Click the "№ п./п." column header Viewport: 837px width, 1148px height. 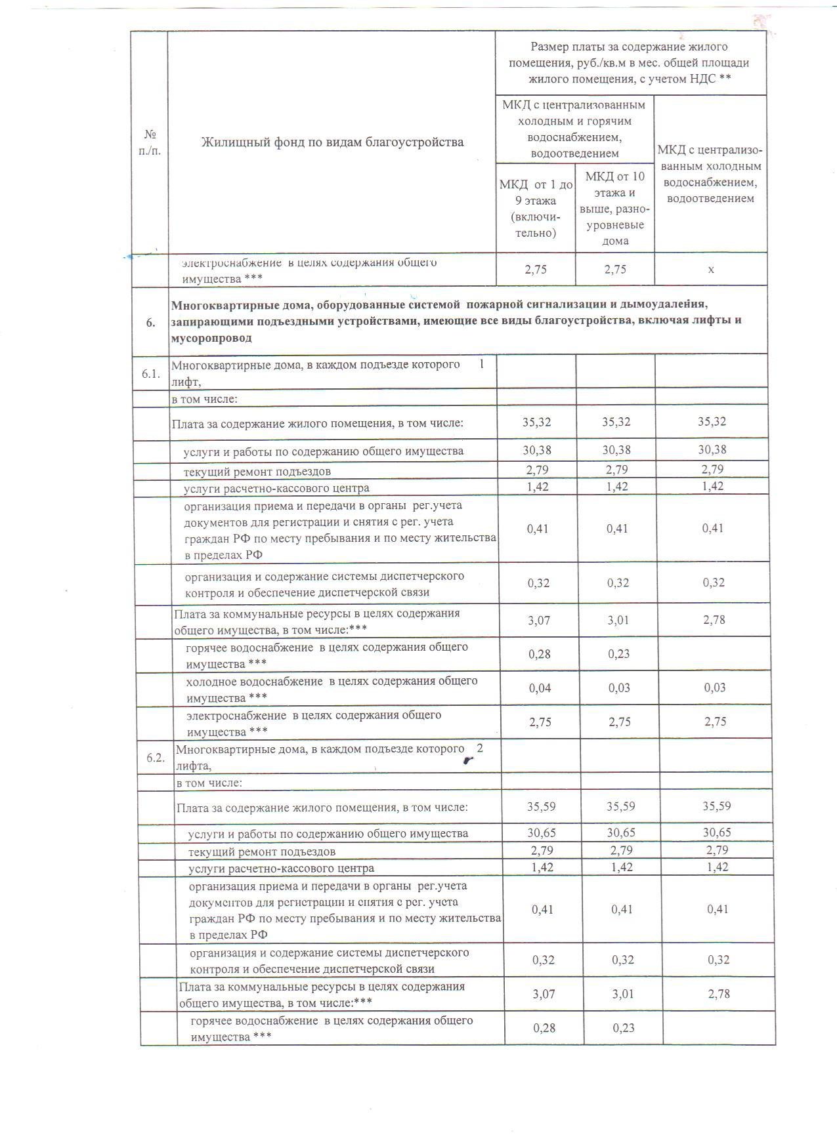(151, 142)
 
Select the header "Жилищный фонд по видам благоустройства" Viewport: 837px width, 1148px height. (332, 142)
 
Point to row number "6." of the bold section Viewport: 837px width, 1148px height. (151, 322)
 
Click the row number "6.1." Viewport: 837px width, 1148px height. (151, 374)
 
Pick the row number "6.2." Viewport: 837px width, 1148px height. (156, 757)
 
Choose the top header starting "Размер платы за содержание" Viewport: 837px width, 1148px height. (630, 63)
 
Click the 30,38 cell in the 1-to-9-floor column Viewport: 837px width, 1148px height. (537, 450)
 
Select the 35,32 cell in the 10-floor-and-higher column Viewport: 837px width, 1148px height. (616, 422)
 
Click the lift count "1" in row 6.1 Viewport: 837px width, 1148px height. (482, 364)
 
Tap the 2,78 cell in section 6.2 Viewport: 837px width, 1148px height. (719, 994)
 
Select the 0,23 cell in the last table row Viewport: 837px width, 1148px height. (624, 1028)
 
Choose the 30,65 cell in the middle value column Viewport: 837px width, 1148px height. (620, 832)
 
